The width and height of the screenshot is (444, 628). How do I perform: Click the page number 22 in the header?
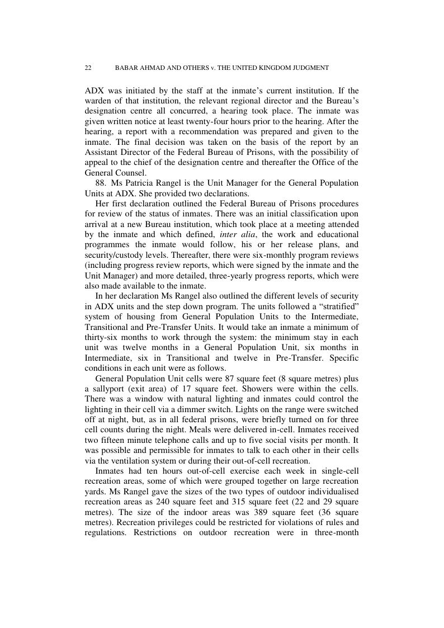coord(88,68)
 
